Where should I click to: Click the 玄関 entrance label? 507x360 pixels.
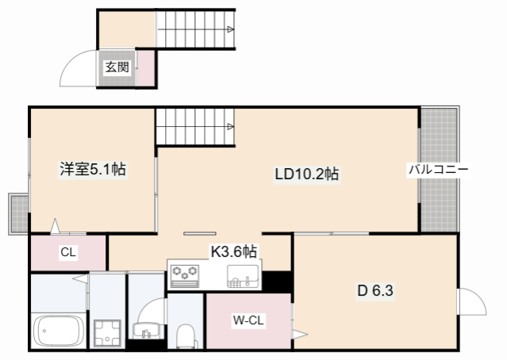[x=117, y=67]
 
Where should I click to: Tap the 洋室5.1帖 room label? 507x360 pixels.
[x=93, y=169]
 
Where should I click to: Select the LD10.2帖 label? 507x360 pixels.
[x=307, y=174]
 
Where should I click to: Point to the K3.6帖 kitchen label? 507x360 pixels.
[x=234, y=251]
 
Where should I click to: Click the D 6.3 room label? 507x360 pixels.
[x=375, y=290]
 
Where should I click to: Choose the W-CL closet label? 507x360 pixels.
[x=248, y=320]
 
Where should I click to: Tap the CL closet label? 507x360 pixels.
[x=68, y=251]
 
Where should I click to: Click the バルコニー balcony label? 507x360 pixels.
[x=439, y=169]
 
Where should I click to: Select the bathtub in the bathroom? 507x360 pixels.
[x=59, y=331]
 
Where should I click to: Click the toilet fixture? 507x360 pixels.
[x=187, y=336]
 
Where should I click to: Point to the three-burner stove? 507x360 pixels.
[x=184, y=276]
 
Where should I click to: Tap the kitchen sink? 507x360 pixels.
[x=243, y=276]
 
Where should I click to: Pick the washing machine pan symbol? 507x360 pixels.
[x=107, y=333]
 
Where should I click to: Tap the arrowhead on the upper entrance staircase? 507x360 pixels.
[x=230, y=29]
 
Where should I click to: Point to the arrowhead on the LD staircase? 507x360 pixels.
[x=230, y=127]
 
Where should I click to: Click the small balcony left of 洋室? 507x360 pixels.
[x=18, y=213]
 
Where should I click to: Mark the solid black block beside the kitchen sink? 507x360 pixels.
[x=277, y=281]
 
